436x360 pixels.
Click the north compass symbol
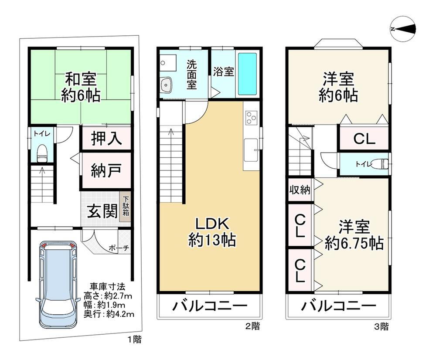pos(403,29)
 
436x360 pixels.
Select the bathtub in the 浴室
pos(247,74)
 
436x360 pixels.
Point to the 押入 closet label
pos(106,138)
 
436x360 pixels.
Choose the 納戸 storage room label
pos(106,170)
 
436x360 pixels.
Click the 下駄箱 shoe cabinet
pos(126,206)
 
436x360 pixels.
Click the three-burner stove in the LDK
pos(251,118)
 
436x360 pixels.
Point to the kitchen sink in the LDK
pos(251,150)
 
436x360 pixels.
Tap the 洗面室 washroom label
pos(191,75)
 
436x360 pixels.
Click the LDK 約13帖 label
pos(212,232)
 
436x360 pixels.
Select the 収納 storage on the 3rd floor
pos(300,190)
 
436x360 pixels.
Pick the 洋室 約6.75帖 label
pos(354,235)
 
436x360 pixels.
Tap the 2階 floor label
pos(252,326)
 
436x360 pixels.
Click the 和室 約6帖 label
pos(81,87)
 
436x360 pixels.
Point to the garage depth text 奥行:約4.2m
pos(109,314)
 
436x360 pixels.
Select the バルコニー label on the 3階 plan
pos(339,306)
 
